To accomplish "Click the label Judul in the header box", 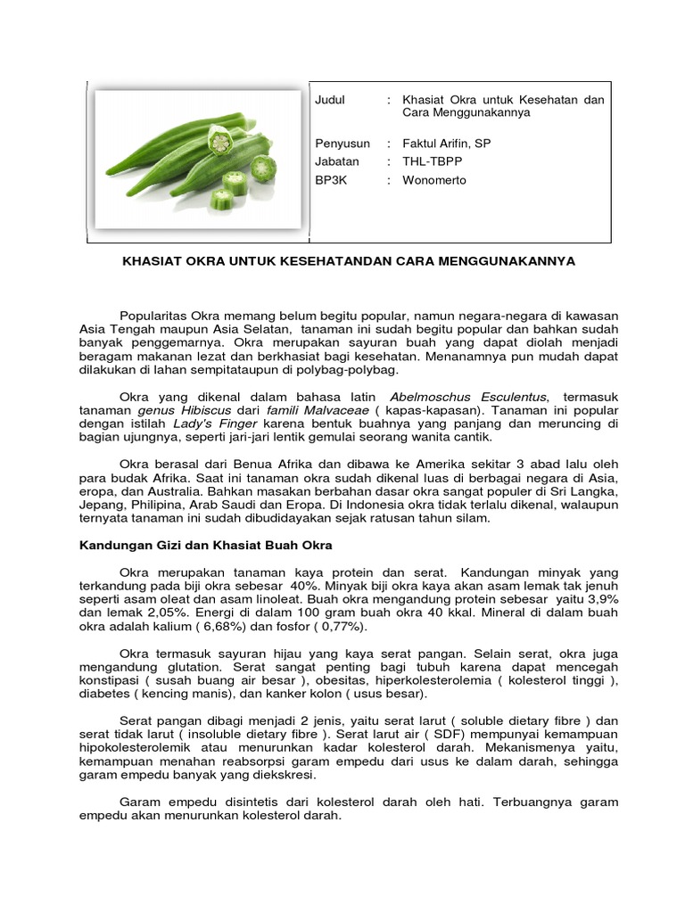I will [x=330, y=100].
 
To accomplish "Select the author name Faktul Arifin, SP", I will [x=446, y=144].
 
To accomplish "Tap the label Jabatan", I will [x=337, y=161].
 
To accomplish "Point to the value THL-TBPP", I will [x=433, y=161].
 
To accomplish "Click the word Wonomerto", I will [x=434, y=180].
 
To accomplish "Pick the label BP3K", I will [x=330, y=180].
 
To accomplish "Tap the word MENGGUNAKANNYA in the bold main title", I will [x=516, y=261].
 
